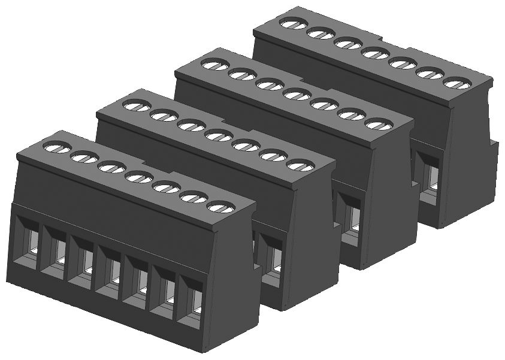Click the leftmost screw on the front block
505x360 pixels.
pyautogui.click(x=55, y=147)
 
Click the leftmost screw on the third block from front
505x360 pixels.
pyautogui.click(x=214, y=64)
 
